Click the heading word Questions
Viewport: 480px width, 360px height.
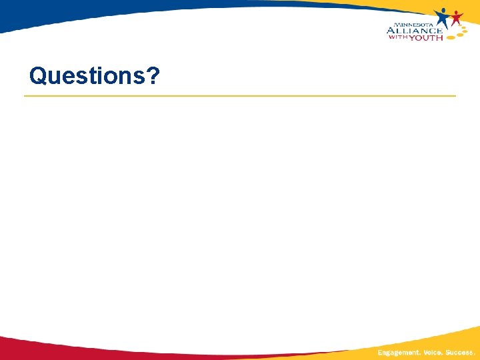click(94, 76)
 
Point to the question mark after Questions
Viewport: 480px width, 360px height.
click(153, 76)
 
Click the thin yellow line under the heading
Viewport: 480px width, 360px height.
click(240, 96)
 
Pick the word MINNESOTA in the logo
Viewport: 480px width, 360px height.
click(413, 24)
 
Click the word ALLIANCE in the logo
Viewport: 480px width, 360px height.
click(414, 30)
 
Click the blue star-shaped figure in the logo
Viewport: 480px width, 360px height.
click(443, 18)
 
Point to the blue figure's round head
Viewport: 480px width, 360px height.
click(444, 10)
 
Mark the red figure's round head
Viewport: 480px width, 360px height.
click(456, 12)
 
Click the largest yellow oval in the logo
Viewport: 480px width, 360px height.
click(450, 37)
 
